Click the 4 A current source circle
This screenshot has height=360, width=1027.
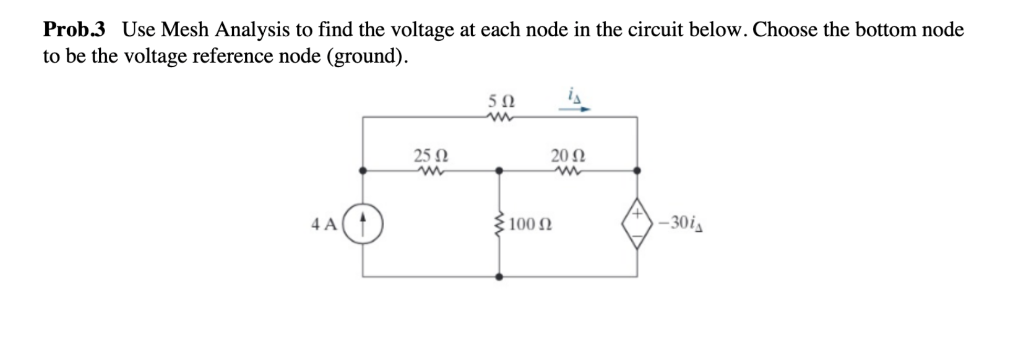click(x=362, y=223)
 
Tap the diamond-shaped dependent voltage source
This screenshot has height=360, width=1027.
click(x=637, y=223)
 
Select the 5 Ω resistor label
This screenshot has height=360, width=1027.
click(x=501, y=100)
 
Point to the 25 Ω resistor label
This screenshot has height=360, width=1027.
click(x=431, y=156)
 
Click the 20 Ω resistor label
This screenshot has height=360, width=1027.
click(x=568, y=156)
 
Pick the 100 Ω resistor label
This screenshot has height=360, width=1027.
click(x=531, y=224)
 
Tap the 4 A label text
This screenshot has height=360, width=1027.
click(x=324, y=224)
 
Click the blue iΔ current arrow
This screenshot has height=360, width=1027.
click(x=574, y=109)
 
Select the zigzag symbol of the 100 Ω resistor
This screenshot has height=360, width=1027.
click(x=499, y=223)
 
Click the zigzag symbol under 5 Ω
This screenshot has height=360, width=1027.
click(x=501, y=117)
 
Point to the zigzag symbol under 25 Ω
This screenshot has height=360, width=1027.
click(x=431, y=171)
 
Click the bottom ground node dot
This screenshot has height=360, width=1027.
click(x=499, y=276)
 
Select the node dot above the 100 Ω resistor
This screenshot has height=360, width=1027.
click(x=499, y=170)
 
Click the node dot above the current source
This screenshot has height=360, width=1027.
click(x=362, y=170)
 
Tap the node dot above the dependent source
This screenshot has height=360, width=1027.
click(x=637, y=170)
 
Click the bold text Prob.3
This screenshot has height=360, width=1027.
click(x=74, y=29)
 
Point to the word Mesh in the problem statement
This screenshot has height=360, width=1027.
click(x=184, y=29)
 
